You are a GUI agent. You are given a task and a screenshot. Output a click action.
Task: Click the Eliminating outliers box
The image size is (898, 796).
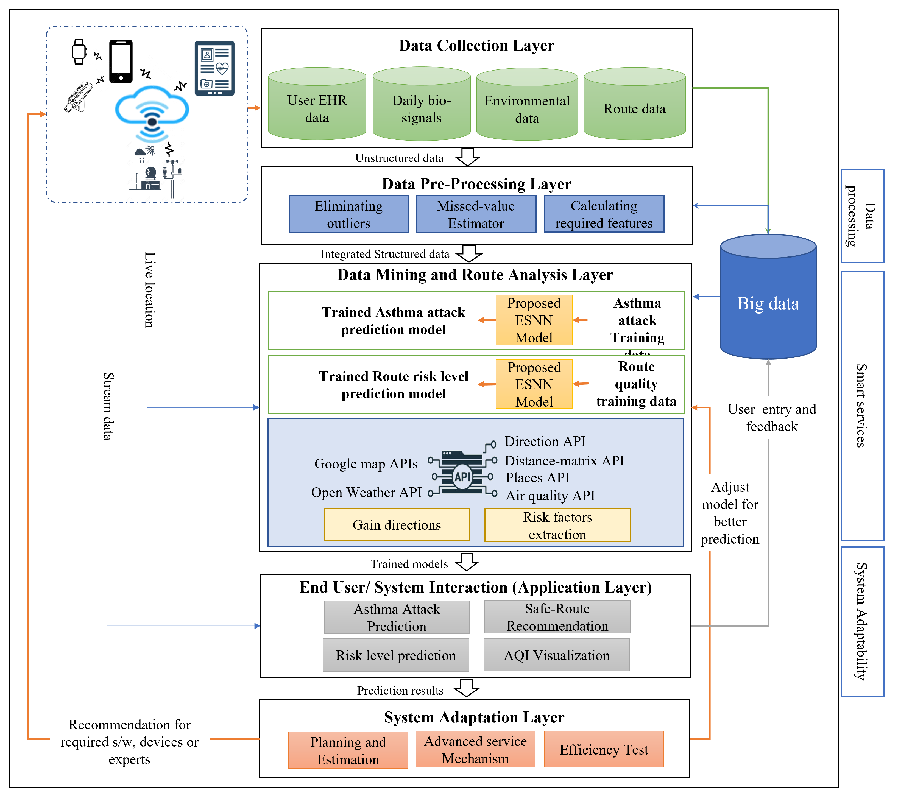[348, 214]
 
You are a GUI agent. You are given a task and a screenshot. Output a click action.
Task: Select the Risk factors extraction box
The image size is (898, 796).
[557, 525]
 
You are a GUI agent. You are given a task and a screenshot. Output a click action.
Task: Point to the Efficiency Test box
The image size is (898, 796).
[604, 749]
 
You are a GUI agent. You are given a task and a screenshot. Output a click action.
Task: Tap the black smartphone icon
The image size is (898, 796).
[121, 62]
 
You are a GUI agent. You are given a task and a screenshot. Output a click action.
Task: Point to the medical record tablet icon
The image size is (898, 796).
[214, 68]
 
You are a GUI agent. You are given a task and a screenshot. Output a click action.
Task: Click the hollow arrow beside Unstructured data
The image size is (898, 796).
[467, 157]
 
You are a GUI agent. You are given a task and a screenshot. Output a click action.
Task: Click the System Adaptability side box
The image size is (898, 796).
[862, 621]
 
